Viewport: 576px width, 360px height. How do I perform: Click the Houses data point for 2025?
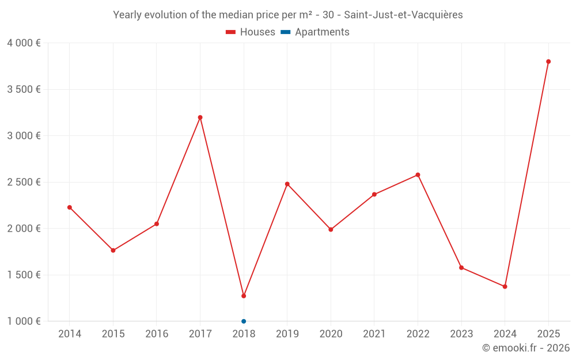[548, 62]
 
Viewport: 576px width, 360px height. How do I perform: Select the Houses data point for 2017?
[200, 118]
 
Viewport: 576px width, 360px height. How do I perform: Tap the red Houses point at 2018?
[244, 296]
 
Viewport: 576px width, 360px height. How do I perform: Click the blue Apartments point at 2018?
[244, 321]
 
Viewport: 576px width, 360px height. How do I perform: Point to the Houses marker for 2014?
[70, 207]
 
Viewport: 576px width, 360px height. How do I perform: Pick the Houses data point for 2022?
[418, 175]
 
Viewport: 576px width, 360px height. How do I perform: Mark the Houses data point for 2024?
[505, 287]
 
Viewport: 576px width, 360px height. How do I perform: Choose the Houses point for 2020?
[331, 230]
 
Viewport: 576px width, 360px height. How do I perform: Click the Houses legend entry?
[251, 32]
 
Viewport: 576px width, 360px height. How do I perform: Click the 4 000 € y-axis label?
[24, 43]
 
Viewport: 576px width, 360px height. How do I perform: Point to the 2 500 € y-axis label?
[24, 182]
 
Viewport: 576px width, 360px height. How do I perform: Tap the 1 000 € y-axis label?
[24, 321]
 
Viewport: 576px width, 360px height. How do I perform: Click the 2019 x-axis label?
[287, 334]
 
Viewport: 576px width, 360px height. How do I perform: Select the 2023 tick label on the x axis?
[461, 334]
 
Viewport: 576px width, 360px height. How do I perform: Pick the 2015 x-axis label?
[113, 334]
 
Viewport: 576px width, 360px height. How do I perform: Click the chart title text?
[288, 15]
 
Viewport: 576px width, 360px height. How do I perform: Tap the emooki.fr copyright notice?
[525, 348]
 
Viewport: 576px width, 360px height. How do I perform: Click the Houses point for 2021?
[374, 195]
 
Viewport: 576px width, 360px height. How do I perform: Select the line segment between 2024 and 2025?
[526, 174]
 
